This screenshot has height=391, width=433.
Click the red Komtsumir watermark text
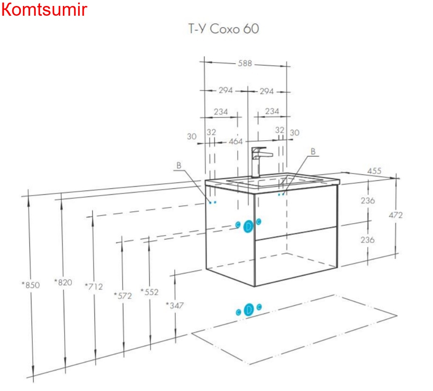pyautogui.click(x=44, y=9)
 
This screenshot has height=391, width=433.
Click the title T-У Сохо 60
pyautogui.click(x=224, y=28)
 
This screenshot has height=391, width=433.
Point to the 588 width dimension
pyautogui.click(x=245, y=63)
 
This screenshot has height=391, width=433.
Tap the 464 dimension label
pyautogui.click(x=236, y=141)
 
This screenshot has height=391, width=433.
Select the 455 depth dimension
pyautogui.click(x=374, y=171)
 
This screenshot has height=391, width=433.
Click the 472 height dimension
pyautogui.click(x=395, y=215)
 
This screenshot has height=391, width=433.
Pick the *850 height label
pyautogui.click(x=31, y=285)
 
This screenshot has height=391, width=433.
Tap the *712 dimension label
pyautogui.click(x=94, y=286)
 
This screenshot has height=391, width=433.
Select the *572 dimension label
pyautogui.click(x=123, y=296)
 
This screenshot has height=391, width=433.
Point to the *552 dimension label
pyautogui.click(x=150, y=292)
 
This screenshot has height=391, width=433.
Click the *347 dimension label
pyautogui.click(x=175, y=305)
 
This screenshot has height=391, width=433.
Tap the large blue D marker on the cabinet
pyautogui.click(x=249, y=227)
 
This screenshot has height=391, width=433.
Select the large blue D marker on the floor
pyautogui.click(x=249, y=310)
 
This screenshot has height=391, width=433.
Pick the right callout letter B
pyautogui.click(x=313, y=151)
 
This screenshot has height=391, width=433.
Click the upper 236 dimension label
pyautogui.click(x=367, y=200)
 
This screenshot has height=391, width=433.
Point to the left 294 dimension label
pyautogui.click(x=226, y=91)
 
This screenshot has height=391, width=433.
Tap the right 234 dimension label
pyautogui.click(x=272, y=111)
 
